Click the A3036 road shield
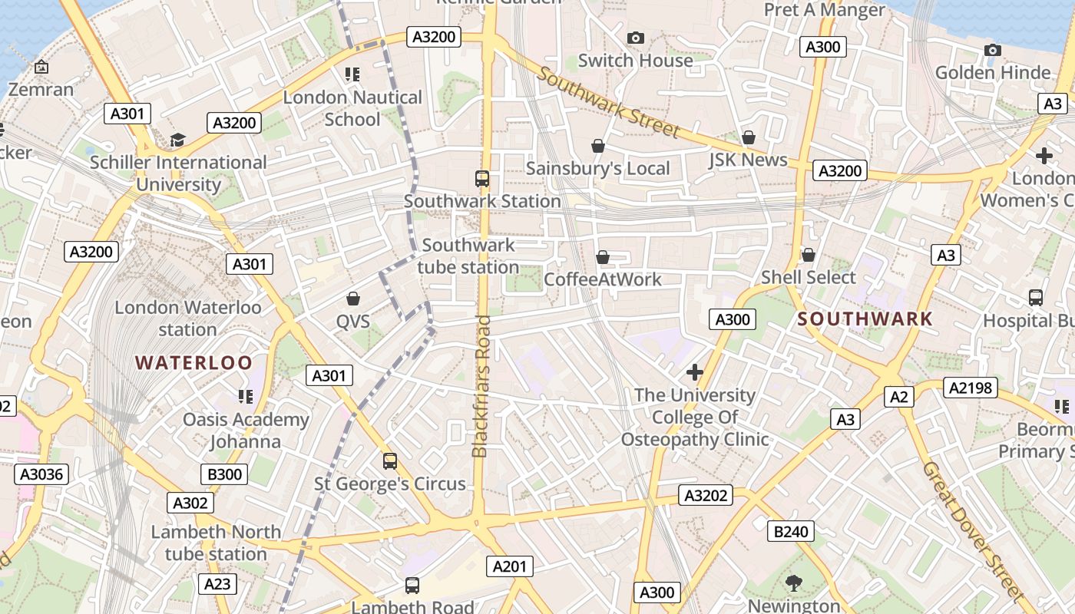41,474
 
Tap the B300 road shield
225,474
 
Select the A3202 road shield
706,496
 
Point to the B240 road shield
791,531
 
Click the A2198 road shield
971,388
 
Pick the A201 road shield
509,567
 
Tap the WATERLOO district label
194,363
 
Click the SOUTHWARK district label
865,319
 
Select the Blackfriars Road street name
481,386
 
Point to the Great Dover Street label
973,530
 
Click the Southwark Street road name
608,102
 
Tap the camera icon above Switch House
635,38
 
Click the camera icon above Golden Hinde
992,51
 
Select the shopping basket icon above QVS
353,298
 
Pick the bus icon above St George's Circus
390,461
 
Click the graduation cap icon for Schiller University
178,140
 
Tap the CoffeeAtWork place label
602,279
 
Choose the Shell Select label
808,277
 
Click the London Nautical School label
352,108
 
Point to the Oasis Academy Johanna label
246,431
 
